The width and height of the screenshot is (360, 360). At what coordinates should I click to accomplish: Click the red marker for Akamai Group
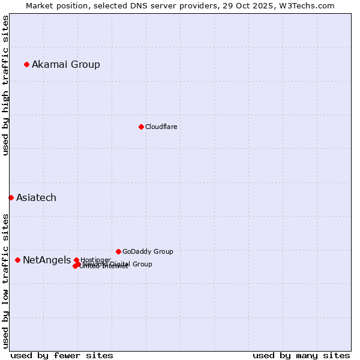pyautogui.click(x=26, y=64)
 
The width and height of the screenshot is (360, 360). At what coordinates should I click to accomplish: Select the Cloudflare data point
pyautogui.click(x=141, y=127)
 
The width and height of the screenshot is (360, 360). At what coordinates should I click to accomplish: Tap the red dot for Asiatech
pyautogui.click(x=11, y=197)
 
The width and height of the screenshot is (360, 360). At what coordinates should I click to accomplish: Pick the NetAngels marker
pyautogui.click(x=17, y=260)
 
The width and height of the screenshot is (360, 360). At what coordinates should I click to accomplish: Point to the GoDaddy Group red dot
pyautogui.click(x=118, y=251)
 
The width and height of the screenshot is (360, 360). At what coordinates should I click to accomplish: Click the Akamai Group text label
pyautogui.click(x=66, y=65)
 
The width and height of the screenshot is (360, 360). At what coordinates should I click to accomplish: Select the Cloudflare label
pyautogui.click(x=161, y=127)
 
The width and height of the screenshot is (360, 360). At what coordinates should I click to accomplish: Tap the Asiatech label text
pyautogui.click(x=36, y=198)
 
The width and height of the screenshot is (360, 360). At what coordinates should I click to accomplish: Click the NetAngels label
pyautogui.click(x=46, y=260)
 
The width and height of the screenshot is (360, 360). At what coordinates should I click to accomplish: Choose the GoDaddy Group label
pyautogui.click(x=148, y=252)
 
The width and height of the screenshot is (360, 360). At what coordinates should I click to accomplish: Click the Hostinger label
pyautogui.click(x=95, y=260)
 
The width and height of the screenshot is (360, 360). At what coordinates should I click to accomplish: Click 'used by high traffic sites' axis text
pyautogui.click(x=5, y=85)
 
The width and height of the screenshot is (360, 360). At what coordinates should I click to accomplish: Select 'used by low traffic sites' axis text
pyautogui.click(x=5, y=281)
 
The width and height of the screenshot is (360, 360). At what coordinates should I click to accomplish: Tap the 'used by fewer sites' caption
pyautogui.click(x=62, y=355)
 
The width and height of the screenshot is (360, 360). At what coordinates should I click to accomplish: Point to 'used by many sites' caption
pyautogui.click(x=301, y=355)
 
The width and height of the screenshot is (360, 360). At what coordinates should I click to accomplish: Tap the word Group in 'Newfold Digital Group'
pyautogui.click(x=142, y=264)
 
